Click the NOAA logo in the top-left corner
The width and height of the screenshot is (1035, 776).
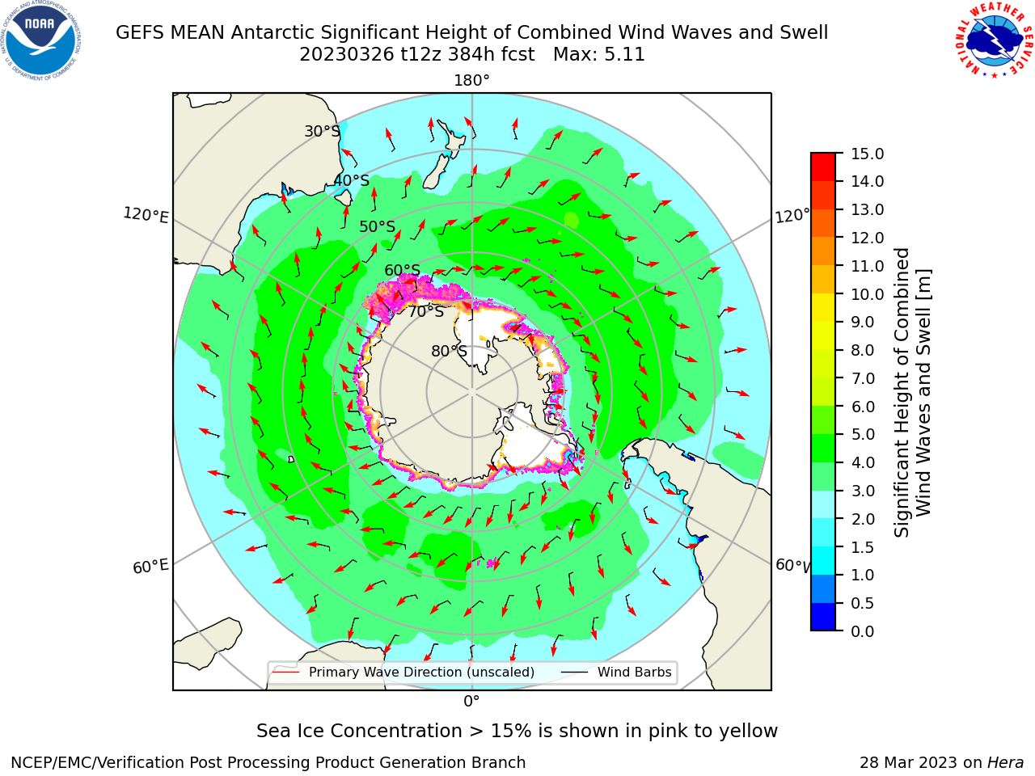tap(41, 40)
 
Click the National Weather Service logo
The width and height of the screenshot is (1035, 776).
tap(994, 40)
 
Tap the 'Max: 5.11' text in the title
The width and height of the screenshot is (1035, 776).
tap(599, 55)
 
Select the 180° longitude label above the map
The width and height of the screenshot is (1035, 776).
tap(471, 81)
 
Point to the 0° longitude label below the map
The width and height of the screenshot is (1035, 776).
tap(471, 702)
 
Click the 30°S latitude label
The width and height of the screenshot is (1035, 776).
tap(323, 131)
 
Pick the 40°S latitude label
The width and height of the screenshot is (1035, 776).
tap(352, 180)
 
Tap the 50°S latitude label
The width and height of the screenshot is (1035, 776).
tap(378, 226)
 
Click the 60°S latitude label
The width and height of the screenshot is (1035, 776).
tap(402, 270)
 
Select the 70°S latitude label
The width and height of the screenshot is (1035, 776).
tap(426, 311)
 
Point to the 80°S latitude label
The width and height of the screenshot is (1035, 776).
tap(449, 351)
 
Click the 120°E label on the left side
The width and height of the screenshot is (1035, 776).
tap(146, 215)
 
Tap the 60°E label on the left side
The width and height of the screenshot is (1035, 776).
tap(150, 567)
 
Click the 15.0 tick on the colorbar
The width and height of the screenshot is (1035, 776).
tap(867, 154)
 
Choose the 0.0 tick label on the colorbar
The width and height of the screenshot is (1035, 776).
tap(863, 631)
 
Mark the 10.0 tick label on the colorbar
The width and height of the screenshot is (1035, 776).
tap(867, 294)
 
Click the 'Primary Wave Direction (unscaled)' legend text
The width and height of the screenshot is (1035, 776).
tap(421, 672)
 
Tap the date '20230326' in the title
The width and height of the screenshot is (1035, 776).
tap(347, 55)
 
